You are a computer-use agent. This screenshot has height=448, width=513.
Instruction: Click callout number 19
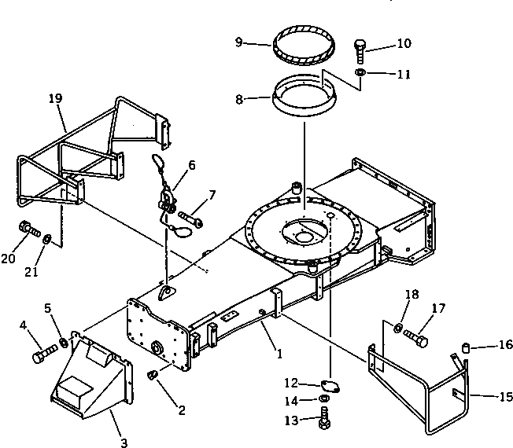[x=54, y=100]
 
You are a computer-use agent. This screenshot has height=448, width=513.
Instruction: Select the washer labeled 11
[x=359, y=73]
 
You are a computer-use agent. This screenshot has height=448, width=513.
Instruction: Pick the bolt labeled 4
[x=43, y=354]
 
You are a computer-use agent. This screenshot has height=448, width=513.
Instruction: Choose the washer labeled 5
[x=61, y=343]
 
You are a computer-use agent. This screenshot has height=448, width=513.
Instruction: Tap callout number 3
[x=123, y=442]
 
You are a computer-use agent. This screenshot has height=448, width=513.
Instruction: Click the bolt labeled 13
[x=324, y=421]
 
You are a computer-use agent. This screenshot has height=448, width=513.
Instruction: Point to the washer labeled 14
[x=324, y=401]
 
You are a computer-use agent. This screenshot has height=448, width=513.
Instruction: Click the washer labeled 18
[x=398, y=326]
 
